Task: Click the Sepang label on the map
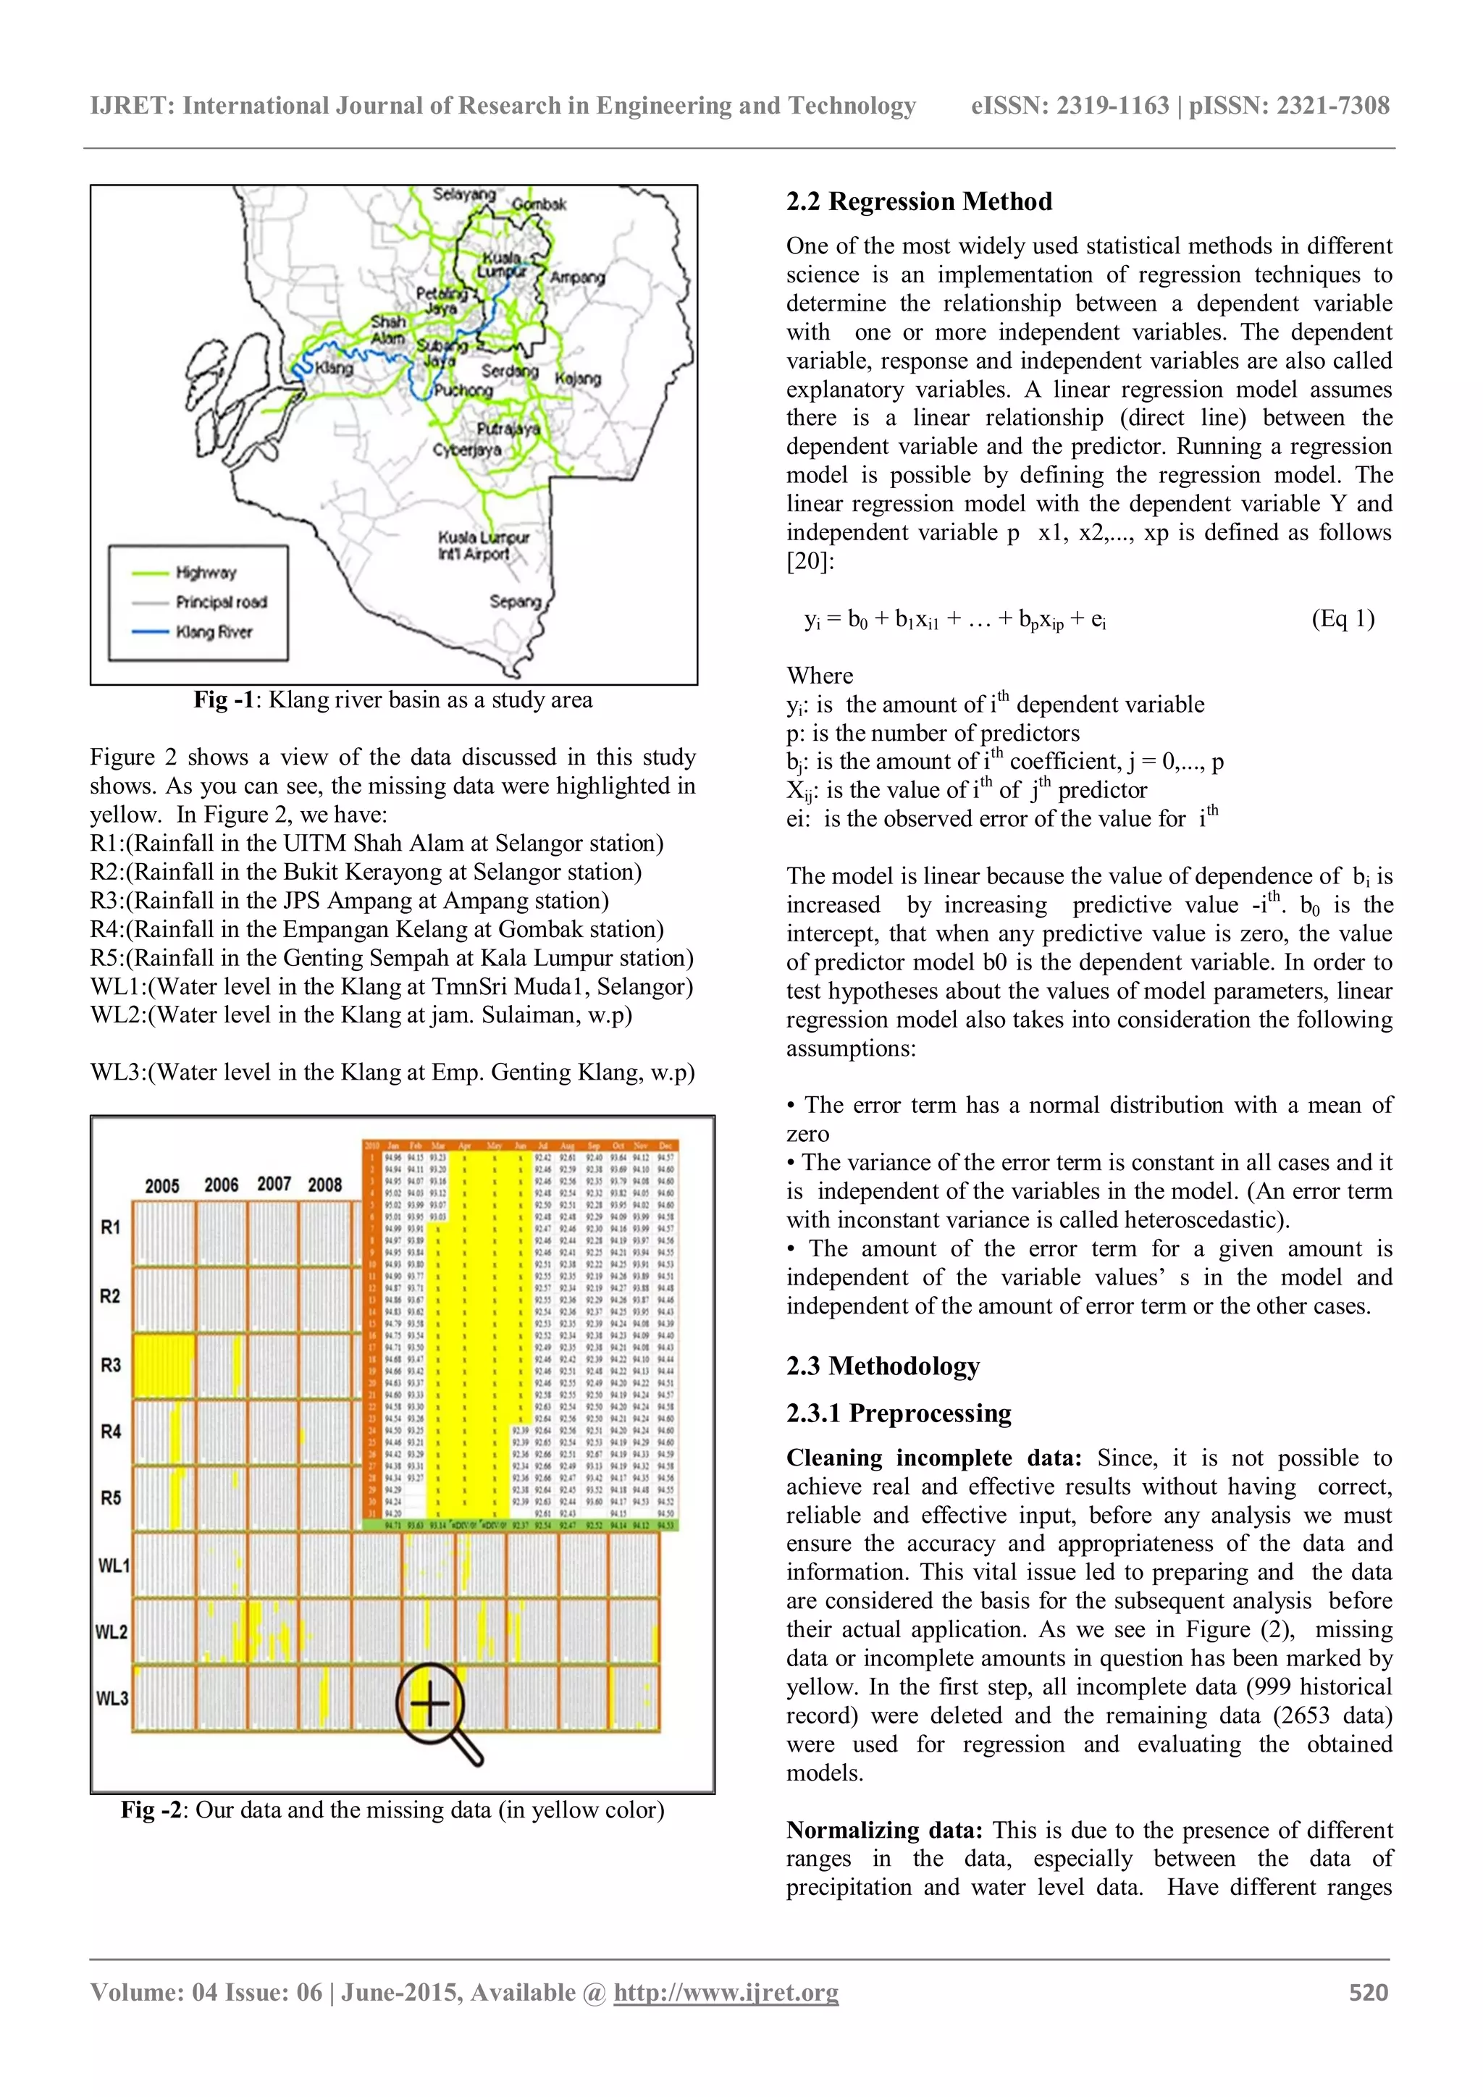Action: pos(515,601)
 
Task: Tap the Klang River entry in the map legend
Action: pos(213,632)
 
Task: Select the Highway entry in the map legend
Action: pos(206,573)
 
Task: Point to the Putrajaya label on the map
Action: pos(508,429)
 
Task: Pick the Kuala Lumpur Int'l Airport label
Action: pos(482,545)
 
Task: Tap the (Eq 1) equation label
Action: pos(1343,618)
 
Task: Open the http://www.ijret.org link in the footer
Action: pos(726,1992)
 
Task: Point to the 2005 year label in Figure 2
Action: pos(161,1185)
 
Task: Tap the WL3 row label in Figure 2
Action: pos(112,1698)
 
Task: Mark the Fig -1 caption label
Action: pos(223,699)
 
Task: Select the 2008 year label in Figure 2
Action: pos(324,1185)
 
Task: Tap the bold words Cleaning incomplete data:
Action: pos(933,1458)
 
